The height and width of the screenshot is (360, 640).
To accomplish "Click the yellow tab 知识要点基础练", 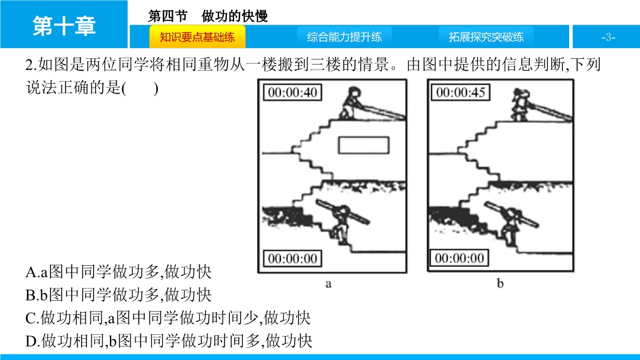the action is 197,37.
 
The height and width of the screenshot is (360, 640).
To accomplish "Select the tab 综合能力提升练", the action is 345,37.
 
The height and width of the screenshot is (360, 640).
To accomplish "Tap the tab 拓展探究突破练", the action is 486,37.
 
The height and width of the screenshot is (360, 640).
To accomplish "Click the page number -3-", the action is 608,38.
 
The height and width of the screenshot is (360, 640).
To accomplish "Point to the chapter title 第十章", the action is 64,26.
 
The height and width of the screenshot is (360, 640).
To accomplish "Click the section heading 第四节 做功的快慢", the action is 208,16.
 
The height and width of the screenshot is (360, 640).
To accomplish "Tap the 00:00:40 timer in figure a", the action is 292,92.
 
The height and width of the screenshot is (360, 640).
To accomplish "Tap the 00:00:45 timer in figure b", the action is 460,92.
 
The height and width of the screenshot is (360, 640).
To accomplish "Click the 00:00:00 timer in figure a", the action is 292,259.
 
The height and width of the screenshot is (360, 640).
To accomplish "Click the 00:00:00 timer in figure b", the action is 460,258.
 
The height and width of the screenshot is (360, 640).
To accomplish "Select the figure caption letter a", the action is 328,284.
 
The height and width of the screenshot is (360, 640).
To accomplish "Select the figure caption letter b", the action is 500,283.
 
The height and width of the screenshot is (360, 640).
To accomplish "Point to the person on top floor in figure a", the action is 351,104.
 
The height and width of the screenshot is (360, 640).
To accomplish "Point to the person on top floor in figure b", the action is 520,104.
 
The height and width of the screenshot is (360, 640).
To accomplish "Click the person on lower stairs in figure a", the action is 341,225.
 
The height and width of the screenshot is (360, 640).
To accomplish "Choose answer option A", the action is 118,272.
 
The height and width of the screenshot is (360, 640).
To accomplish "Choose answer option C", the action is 168,318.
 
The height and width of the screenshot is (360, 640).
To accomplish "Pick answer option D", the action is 169,341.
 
